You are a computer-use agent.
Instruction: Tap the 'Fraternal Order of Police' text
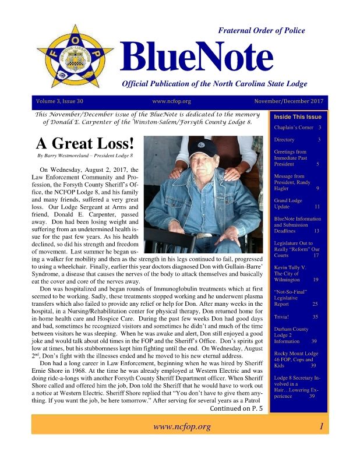[x=261, y=31]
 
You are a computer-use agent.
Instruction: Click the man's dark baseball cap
[x=203, y=148]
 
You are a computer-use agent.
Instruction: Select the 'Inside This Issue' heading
[x=298, y=116]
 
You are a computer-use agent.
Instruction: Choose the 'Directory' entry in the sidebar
[x=285, y=140]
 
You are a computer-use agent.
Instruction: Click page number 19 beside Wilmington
[x=315, y=280]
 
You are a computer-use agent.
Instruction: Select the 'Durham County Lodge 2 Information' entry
[x=291, y=335]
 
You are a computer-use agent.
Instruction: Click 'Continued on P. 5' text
[x=236, y=408]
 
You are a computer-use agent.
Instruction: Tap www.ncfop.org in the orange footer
[x=181, y=427]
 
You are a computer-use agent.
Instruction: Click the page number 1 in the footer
[x=320, y=427]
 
